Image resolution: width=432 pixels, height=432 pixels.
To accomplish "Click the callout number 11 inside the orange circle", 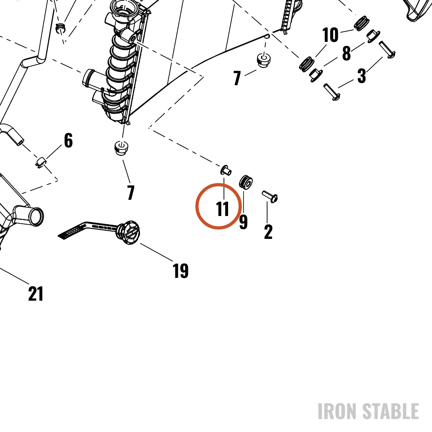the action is (222, 209).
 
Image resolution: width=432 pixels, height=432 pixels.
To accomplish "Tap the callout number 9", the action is (243, 222).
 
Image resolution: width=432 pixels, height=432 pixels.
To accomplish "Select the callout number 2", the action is (268, 232).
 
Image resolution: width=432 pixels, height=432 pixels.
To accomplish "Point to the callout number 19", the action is (181, 270).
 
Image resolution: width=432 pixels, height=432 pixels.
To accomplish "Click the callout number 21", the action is (36, 294).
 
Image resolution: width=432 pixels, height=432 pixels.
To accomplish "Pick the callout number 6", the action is (68, 140).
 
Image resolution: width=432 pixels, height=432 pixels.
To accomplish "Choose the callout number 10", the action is (330, 35).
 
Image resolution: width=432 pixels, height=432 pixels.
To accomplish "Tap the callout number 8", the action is (346, 53).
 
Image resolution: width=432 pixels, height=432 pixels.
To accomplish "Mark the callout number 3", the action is (362, 76).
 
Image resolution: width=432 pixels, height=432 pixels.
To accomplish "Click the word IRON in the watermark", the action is (338, 411).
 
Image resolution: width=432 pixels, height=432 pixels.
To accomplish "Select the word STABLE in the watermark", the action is (391, 411).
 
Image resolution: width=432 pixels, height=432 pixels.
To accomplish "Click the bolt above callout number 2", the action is (270, 197).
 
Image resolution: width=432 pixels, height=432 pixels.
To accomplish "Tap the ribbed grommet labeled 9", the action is (246, 182).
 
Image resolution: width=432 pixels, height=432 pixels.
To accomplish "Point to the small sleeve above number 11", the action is (226, 170).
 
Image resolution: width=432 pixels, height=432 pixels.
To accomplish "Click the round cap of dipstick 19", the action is (129, 232).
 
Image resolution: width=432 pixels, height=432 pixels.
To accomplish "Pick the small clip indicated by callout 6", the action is (41, 162).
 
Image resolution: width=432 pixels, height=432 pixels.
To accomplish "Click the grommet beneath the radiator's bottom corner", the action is (121, 148).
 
